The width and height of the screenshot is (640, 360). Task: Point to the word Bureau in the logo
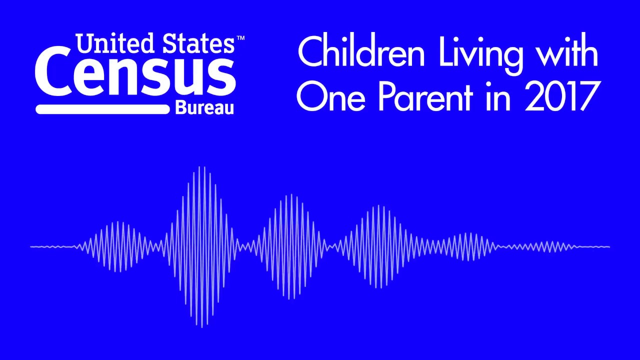tap(204, 108)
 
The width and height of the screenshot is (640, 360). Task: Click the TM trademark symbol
tap(240, 38)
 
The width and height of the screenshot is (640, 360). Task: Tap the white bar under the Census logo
tap(102, 109)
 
